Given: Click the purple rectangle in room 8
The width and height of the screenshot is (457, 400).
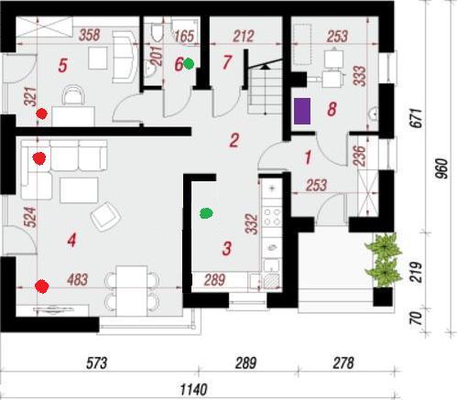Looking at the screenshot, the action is [x=302, y=111].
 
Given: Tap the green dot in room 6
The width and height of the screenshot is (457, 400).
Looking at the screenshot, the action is [x=189, y=64].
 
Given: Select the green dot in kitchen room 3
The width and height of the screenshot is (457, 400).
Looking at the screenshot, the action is [x=206, y=213].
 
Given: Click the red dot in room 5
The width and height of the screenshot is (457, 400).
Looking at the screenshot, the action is [x=41, y=114].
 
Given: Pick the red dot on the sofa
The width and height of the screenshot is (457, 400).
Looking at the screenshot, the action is [x=39, y=158].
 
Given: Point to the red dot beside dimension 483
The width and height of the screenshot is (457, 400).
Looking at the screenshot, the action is [x=42, y=286].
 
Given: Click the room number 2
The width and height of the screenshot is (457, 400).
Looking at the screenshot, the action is [x=234, y=141].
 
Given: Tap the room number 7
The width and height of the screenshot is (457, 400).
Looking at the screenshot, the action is [x=227, y=62].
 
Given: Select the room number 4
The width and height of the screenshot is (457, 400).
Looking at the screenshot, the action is [x=71, y=241].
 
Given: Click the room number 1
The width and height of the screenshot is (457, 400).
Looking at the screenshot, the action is [x=308, y=157].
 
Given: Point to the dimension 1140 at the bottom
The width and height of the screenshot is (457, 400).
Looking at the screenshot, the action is [x=194, y=390].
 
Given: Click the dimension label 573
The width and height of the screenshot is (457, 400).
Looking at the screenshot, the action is [x=97, y=363].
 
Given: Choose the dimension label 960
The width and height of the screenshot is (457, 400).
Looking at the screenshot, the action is [x=441, y=168].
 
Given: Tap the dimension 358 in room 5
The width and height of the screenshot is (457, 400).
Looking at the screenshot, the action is [x=90, y=35].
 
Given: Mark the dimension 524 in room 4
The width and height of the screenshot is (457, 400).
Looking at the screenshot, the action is [x=30, y=217].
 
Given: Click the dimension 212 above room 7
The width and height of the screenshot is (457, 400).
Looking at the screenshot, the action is [x=244, y=36].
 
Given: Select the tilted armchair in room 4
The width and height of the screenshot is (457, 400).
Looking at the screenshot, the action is [x=105, y=216].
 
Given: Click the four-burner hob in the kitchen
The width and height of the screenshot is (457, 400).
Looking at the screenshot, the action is [x=272, y=216].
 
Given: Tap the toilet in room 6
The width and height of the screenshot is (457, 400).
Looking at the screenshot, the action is [x=158, y=32].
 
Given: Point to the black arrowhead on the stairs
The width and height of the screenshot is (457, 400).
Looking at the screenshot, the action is [x=266, y=67].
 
